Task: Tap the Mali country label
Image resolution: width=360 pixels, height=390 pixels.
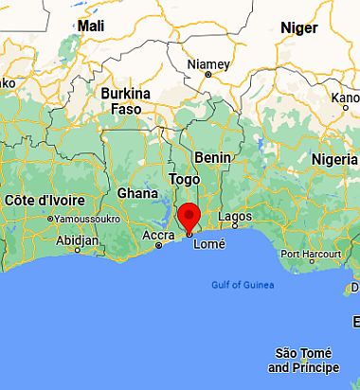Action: coord(92,26)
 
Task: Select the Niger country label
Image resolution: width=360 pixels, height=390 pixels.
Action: coord(298,27)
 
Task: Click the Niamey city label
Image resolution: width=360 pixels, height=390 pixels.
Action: coord(209,63)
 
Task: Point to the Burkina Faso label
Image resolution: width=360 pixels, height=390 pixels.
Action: coord(126,101)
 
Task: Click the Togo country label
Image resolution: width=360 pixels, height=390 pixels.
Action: coord(184,179)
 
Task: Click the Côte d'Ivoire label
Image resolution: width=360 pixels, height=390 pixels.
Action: coord(45,201)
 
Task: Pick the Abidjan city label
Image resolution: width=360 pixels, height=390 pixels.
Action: coord(78,240)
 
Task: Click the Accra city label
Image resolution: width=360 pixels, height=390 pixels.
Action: coord(157,235)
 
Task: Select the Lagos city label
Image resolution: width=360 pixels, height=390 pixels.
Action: coord(235,217)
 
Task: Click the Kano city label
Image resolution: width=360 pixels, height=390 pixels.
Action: coord(345,97)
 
